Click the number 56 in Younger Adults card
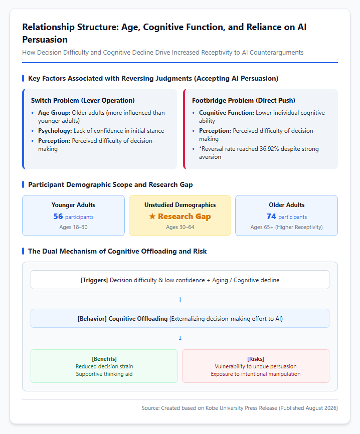(58, 216)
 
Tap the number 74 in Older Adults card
(271, 216)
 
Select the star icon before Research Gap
(152, 216)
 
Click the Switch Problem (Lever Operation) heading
(83, 100)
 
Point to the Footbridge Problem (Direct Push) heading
(244, 100)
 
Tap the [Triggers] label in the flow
(94, 280)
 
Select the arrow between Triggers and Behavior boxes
(180, 300)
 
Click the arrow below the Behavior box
(180, 338)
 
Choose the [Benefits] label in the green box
(104, 359)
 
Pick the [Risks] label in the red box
(256, 359)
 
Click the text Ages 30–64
(180, 227)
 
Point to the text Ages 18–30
(73, 227)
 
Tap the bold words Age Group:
(54, 113)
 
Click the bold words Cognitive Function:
(227, 113)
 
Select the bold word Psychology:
(55, 131)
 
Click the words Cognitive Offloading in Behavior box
(138, 319)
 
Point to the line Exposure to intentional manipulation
(256, 374)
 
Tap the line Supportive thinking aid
(104, 374)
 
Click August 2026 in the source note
(321, 408)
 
